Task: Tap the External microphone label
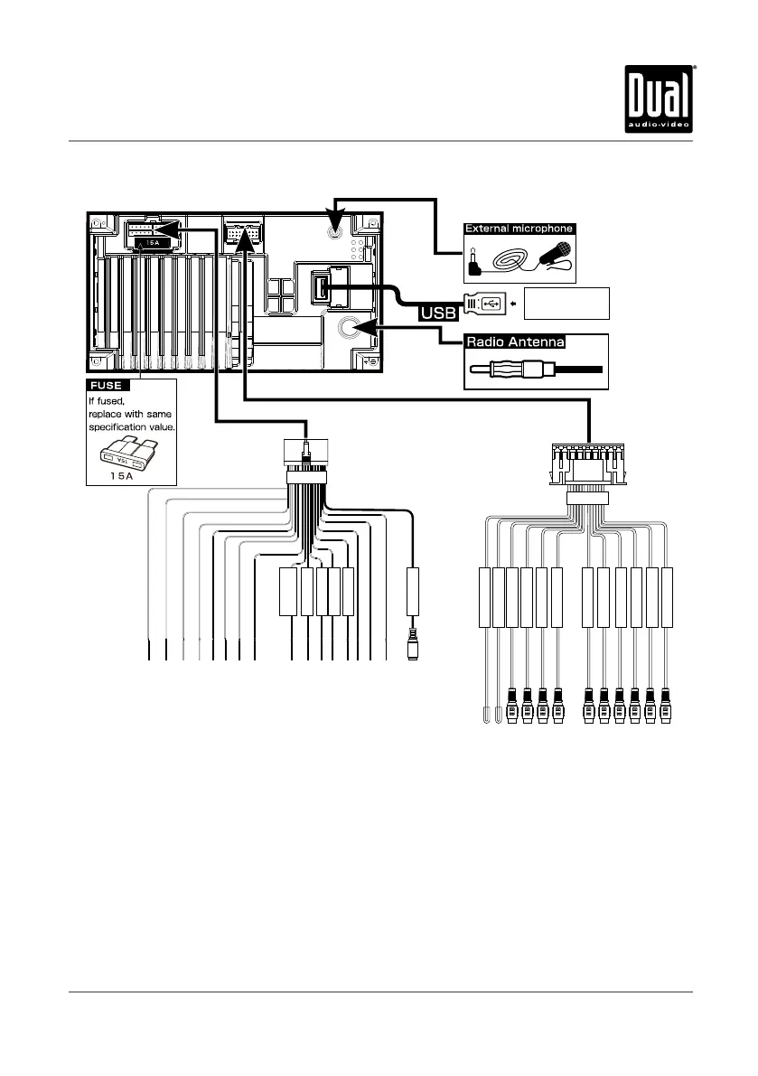coord(519,229)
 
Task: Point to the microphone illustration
coord(551,256)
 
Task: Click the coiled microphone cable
coord(512,261)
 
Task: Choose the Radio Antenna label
coord(515,342)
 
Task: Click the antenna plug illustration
coord(533,370)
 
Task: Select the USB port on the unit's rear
coord(323,288)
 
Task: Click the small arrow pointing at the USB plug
coord(513,304)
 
